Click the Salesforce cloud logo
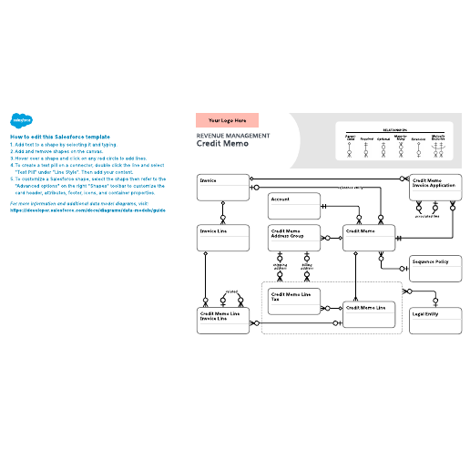pos(21,119)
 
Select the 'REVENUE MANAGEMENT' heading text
pos(233,136)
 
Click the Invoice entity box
pos(223,187)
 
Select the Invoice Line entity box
pos(223,238)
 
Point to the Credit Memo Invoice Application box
pos(434,187)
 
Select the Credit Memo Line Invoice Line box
pos(223,321)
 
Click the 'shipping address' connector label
pos(281,267)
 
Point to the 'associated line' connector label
pos(427,216)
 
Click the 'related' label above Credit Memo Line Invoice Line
pos(230,292)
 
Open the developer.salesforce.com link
pos(87,209)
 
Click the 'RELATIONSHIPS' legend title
pos(394,129)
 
